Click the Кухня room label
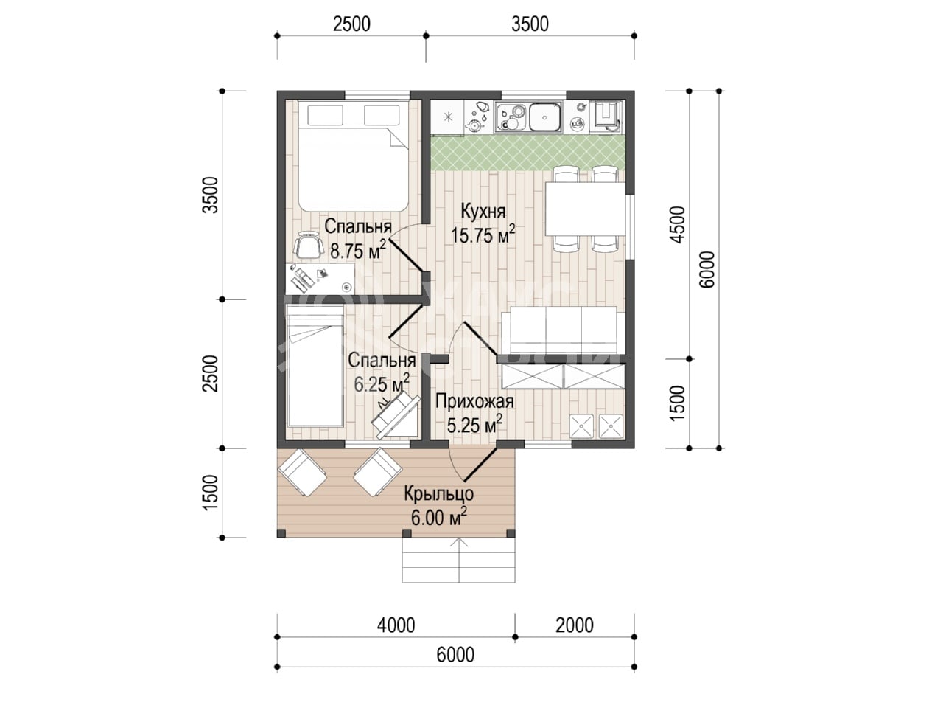(483, 212)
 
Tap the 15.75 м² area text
(483, 235)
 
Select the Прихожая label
(474, 401)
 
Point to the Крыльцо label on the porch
(438, 495)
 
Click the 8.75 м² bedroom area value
(358, 250)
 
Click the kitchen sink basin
(544, 117)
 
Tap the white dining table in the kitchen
(585, 209)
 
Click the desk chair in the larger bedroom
(308, 246)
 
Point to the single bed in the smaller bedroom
(315, 366)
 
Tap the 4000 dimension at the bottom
(396, 625)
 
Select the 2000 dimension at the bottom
(575, 625)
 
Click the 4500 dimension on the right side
(678, 225)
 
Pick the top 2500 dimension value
(351, 24)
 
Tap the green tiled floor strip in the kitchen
(527, 153)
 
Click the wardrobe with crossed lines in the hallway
(563, 377)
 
